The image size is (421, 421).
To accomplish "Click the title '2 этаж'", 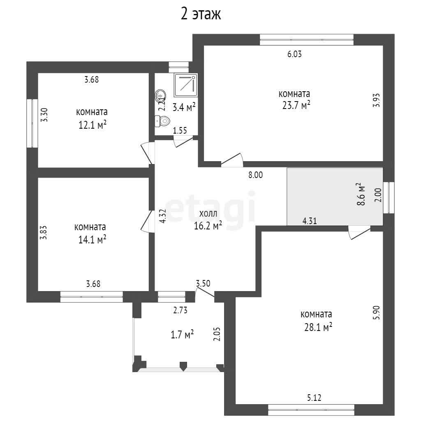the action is (201, 14).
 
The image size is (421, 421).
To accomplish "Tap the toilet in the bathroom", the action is (162, 121).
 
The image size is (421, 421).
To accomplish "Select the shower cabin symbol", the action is (185, 85).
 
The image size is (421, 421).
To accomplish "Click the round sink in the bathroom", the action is (160, 95).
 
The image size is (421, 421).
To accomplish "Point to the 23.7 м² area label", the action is (296, 105).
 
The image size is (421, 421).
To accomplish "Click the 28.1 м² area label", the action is (318, 327).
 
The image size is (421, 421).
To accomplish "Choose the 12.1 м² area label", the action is (93, 125).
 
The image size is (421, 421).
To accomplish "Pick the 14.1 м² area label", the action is (92, 240).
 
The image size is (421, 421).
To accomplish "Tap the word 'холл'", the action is (208, 214).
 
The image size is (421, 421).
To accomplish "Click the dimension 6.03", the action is (294, 54).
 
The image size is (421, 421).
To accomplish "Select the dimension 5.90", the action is (377, 312).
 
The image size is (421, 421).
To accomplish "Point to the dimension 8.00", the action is (256, 175).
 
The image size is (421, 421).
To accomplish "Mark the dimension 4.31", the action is (310, 221).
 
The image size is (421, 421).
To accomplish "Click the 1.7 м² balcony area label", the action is (182, 335).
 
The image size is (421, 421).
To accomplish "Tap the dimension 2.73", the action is (180, 310).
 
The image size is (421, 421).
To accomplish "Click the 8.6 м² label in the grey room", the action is (361, 194).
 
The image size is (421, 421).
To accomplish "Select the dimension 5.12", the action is (314, 398).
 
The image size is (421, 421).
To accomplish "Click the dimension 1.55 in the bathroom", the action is (180, 131).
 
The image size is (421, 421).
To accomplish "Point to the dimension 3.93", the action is (377, 100).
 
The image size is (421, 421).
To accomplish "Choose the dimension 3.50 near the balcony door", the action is (203, 283).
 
